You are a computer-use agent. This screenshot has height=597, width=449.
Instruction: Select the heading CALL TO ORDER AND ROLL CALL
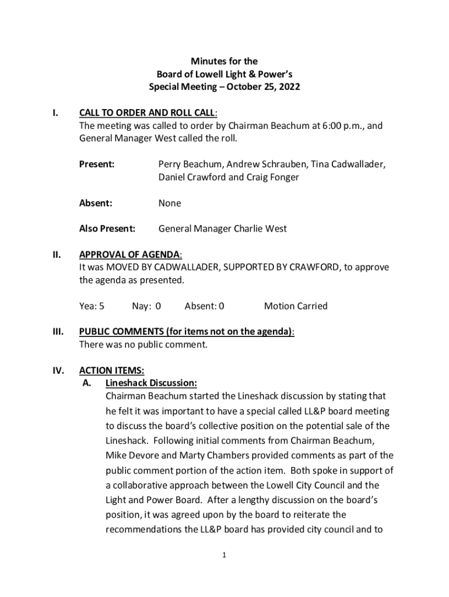(x=148, y=113)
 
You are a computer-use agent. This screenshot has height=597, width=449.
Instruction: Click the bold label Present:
(x=97, y=164)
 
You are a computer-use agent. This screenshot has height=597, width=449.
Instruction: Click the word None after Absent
(x=170, y=203)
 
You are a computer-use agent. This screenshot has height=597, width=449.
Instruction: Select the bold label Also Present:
(x=107, y=229)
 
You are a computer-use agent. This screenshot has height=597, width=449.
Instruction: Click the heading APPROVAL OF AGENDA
(x=130, y=254)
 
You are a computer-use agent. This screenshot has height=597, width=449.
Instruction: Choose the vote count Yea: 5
(x=92, y=306)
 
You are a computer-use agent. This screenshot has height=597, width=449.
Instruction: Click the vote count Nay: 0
(x=146, y=306)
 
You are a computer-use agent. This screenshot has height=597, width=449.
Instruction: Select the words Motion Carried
(x=296, y=306)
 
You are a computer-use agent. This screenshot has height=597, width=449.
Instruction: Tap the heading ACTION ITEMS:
(x=111, y=370)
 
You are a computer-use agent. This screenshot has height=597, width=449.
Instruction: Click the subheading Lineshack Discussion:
(x=151, y=383)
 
